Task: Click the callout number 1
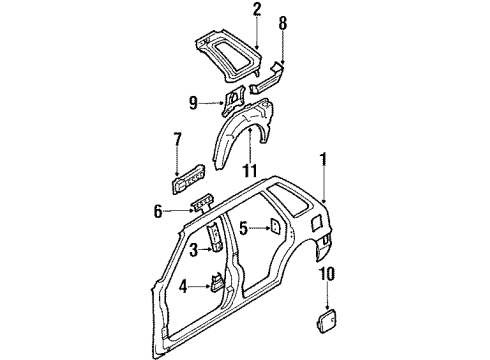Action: (322, 157)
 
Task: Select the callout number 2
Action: (256, 12)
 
